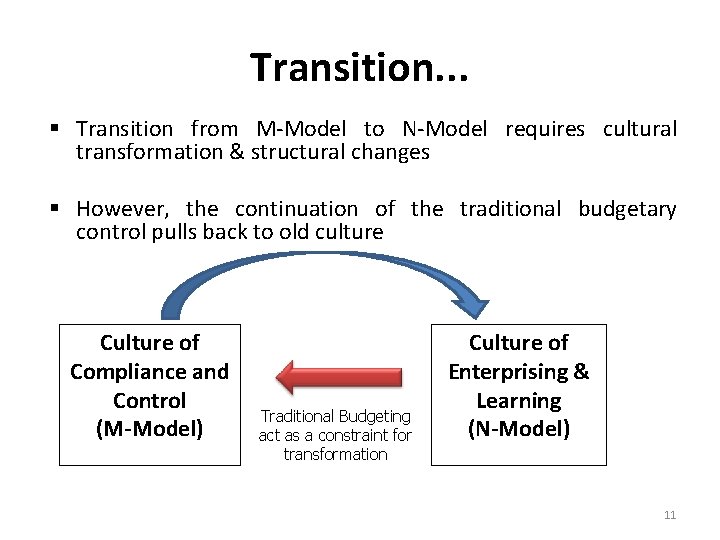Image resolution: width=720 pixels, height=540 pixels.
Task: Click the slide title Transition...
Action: pos(359,67)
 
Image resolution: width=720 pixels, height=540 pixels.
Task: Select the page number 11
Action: pos(670,515)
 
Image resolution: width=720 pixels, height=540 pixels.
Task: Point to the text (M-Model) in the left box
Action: pos(149,429)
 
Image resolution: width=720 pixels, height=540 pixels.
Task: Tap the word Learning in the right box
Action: pos(518,401)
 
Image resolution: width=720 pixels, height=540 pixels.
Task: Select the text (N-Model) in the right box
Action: pos(519,429)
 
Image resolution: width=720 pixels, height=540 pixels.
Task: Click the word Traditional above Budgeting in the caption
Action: pos(297,416)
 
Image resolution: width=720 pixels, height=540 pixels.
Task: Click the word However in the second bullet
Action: pos(117,209)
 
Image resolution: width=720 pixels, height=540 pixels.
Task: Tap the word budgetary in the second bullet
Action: pos(627,209)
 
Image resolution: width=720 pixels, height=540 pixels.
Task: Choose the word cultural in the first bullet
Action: pos(640,129)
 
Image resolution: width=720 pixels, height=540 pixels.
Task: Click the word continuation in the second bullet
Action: pos(296,209)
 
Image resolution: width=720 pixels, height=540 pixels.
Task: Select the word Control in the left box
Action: pos(149,401)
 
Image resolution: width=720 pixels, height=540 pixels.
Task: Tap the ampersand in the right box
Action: pos(580,372)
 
